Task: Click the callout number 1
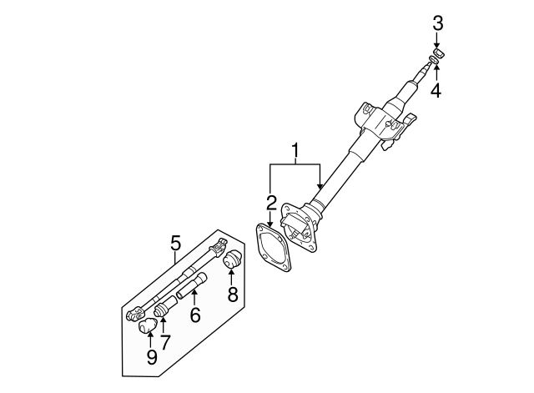[x=295, y=152]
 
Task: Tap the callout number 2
[x=271, y=202]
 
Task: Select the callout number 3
[x=436, y=24]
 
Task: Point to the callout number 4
[x=436, y=89]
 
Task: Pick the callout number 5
[x=175, y=243]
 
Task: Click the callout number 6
[x=195, y=315]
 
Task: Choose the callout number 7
[x=164, y=340]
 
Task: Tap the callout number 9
[x=151, y=357]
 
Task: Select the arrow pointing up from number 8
[x=232, y=276]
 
